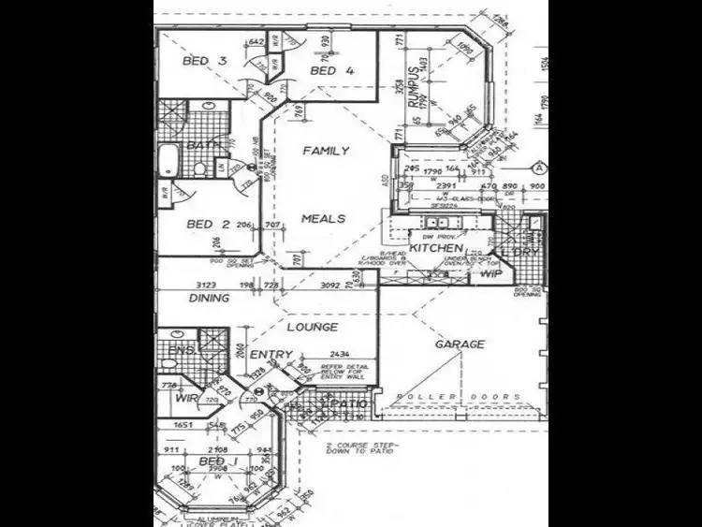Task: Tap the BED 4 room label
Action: click(332, 70)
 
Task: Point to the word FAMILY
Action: click(327, 151)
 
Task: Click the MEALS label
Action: click(324, 219)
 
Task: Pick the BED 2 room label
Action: click(208, 224)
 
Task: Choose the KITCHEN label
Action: click(435, 248)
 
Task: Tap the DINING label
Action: click(209, 299)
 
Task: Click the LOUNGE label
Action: click(313, 328)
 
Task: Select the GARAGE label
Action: click(460, 344)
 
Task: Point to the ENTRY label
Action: click(271, 355)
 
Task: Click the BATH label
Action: click(201, 145)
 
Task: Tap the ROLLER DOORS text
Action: click(460, 397)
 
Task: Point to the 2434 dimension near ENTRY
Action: click(341, 354)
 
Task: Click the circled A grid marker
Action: click(540, 169)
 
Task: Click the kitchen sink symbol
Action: click(437, 223)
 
